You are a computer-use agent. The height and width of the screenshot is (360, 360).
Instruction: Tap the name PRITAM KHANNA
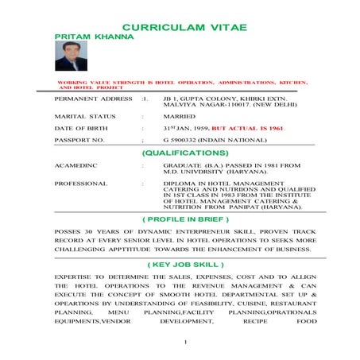[85, 37]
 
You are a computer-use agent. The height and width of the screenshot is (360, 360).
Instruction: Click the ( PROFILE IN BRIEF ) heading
[184, 219]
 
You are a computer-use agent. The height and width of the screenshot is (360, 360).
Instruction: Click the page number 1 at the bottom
[184, 343]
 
